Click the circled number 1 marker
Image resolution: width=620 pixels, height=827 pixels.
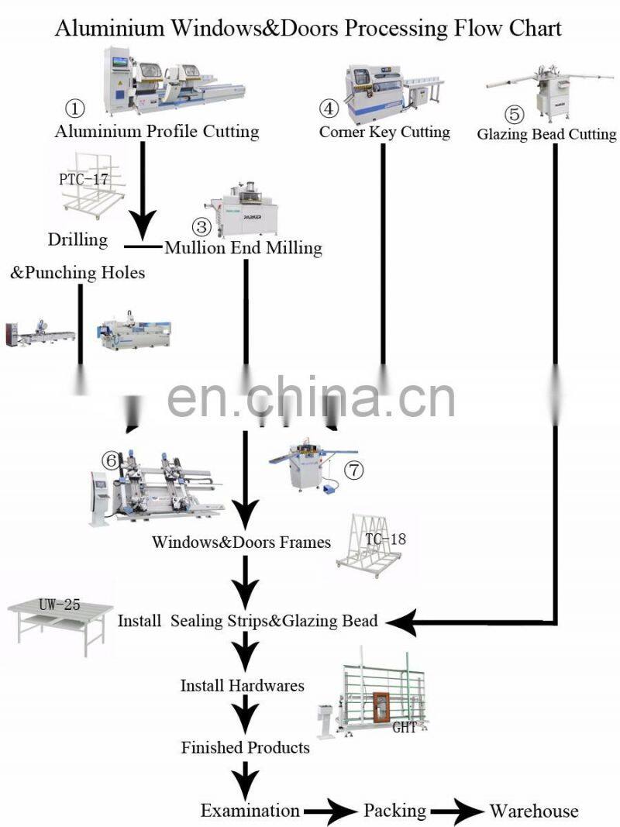point(75,109)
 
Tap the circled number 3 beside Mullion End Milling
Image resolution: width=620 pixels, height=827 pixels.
point(201,227)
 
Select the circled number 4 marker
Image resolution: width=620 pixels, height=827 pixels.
point(329,109)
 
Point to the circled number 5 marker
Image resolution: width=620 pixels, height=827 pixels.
point(514,114)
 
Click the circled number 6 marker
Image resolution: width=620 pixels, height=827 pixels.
point(112,460)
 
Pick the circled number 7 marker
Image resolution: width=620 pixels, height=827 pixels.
point(354,470)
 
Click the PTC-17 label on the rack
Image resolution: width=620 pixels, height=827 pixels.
point(83,179)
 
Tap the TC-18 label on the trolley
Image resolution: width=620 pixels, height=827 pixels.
point(385,539)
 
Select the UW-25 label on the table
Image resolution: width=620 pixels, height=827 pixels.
point(60,605)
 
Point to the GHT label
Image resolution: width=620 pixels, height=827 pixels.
point(405,727)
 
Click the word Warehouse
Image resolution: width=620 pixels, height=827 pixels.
point(533,810)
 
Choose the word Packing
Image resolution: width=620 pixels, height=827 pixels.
point(395,810)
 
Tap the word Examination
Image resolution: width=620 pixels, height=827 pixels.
point(250,810)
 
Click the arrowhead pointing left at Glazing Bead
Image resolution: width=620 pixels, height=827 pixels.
point(401,622)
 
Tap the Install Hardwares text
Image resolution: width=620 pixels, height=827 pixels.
point(243,685)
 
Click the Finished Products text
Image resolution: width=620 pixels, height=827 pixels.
point(245,747)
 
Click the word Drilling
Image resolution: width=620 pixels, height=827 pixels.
point(77,240)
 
